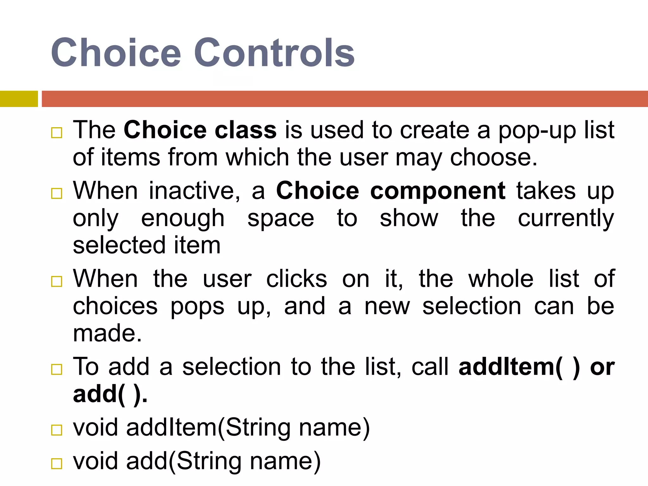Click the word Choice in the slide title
coord(116,53)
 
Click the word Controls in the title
coord(274,53)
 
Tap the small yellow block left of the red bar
coord(19,99)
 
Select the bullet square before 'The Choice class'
coord(57,133)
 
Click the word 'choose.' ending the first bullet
coord(494,158)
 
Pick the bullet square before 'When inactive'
coord(57,193)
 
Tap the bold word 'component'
coord(438,191)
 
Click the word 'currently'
coord(566,218)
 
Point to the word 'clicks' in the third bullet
coord(296,279)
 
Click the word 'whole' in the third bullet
coord(501,279)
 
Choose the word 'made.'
coord(107,333)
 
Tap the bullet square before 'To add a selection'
coord(57,369)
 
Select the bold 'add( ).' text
coord(110,394)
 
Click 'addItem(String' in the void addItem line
coord(209,427)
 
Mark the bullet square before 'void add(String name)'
coord(57,464)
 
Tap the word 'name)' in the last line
coord(285,461)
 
